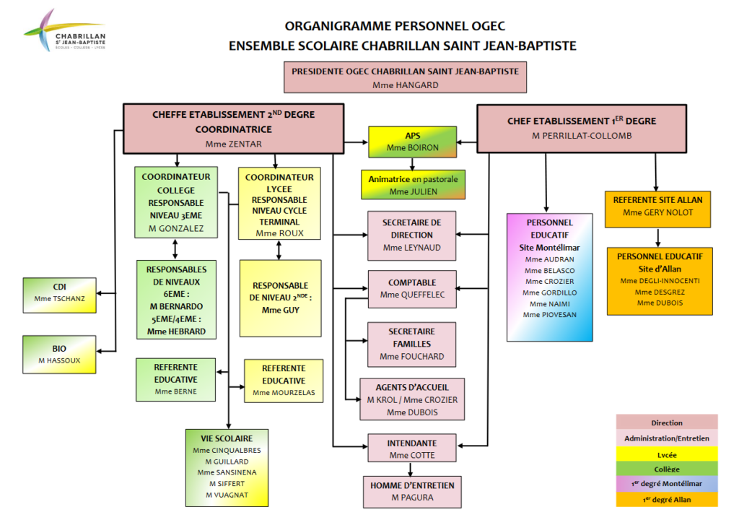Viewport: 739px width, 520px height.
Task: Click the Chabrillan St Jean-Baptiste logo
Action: pos(65,32)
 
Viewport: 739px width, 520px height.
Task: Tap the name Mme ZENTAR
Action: pos(234,144)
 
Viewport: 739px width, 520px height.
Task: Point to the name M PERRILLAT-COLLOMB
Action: pos(581,135)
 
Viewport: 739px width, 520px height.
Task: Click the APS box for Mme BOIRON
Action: pos(412,142)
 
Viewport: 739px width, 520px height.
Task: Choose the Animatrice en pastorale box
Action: pos(413,185)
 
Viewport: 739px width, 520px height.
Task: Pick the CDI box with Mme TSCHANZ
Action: pos(59,295)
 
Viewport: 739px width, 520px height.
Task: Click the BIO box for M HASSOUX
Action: pos(59,354)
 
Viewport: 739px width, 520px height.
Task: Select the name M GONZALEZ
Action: pos(177,229)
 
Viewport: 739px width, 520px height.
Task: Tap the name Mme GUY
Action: pos(279,310)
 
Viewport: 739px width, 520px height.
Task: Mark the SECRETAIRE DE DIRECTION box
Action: pos(412,235)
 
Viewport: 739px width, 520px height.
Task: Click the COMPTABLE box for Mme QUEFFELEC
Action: pos(412,289)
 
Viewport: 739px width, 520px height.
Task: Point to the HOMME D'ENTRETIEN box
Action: pos(412,491)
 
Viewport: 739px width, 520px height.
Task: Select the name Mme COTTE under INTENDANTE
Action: pos(412,455)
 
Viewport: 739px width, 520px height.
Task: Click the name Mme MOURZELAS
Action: pos(284,394)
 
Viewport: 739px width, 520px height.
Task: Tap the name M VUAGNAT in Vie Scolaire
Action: pos(227,495)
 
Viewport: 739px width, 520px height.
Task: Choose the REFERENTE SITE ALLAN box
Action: pos(657,206)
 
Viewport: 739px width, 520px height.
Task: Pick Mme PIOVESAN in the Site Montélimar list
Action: pos(550,314)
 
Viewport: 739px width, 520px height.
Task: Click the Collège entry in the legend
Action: pos(666,469)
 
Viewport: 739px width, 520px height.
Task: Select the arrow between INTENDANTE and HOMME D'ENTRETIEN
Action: pos(412,468)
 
